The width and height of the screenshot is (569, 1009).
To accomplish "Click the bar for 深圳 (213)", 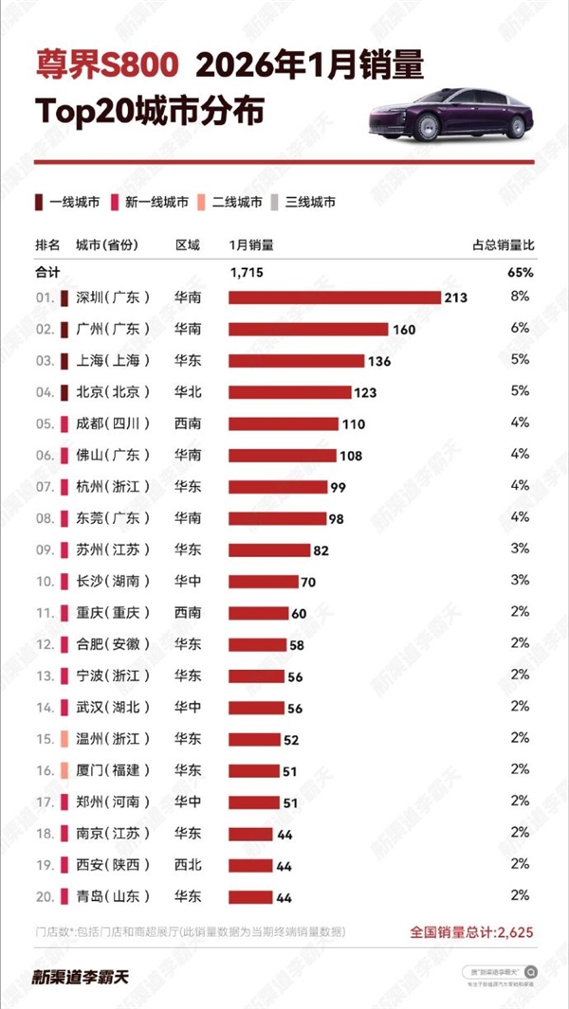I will [x=335, y=297].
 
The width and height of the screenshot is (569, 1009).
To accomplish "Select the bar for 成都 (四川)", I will [x=284, y=423].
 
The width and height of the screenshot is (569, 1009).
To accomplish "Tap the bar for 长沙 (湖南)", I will [x=263, y=581].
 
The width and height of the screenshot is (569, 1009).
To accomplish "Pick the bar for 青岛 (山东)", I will [x=249, y=896].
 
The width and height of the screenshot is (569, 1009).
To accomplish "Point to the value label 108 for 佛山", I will [x=351, y=456].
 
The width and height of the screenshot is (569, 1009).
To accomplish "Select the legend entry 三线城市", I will [x=303, y=201].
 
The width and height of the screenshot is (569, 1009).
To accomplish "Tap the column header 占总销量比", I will [x=503, y=244].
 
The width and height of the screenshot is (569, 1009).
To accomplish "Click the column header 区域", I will [x=188, y=244].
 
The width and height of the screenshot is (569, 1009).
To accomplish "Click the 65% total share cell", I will [x=521, y=272].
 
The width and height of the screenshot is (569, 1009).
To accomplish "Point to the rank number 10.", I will [x=44, y=581].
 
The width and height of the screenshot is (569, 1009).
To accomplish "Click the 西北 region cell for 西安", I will [x=188, y=865].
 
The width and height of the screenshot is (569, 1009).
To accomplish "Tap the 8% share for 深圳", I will [x=520, y=297].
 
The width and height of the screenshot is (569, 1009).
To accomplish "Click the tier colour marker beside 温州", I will [x=64, y=739].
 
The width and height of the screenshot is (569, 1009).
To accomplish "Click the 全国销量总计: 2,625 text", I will [x=470, y=932].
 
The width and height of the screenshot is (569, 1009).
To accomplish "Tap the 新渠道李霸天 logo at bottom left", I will [x=81, y=977].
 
